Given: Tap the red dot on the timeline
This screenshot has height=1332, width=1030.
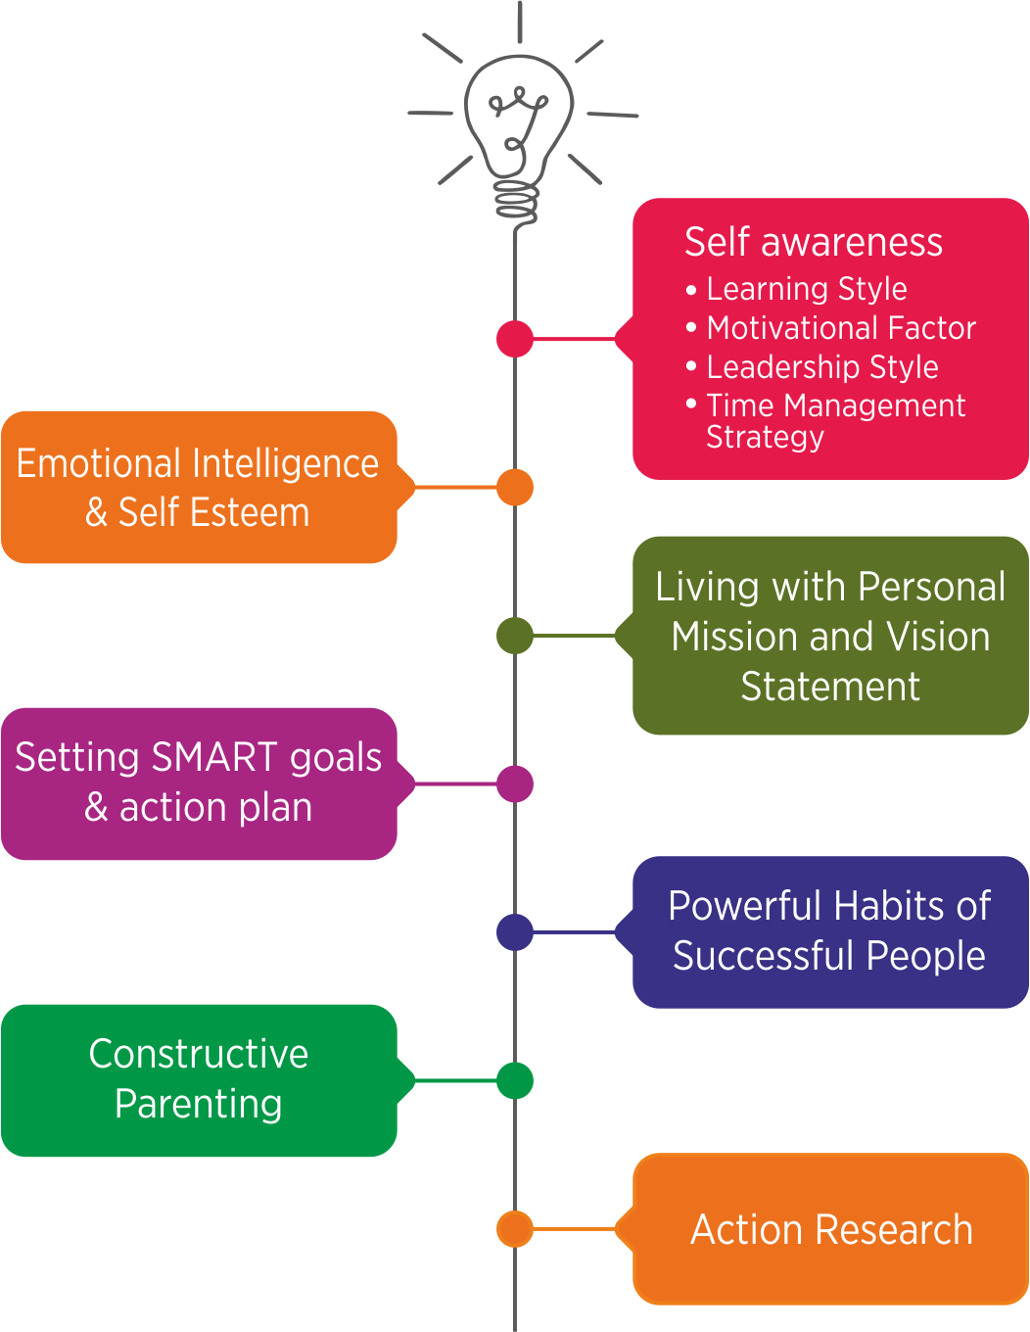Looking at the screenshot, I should pyautogui.click(x=515, y=339).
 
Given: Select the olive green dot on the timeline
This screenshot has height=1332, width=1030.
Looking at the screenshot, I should pyautogui.click(x=515, y=636).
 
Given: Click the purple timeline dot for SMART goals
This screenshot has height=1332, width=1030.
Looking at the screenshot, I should pyautogui.click(x=515, y=784).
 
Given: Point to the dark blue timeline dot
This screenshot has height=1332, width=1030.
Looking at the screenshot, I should pyautogui.click(x=515, y=931).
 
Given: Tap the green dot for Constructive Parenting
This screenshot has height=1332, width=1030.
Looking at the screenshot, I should pyautogui.click(x=515, y=1080).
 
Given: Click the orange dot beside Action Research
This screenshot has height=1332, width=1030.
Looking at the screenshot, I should pyautogui.click(x=515, y=1228).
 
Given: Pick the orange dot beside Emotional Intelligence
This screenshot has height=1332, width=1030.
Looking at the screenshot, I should pyautogui.click(x=515, y=487).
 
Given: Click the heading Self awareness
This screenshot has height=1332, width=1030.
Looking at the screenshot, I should pyautogui.click(x=813, y=242).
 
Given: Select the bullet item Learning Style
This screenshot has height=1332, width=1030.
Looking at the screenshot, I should pyautogui.click(x=806, y=289).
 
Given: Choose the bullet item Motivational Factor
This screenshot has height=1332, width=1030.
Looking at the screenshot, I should pyautogui.click(x=841, y=328).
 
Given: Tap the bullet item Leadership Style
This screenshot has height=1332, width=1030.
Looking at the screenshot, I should pyautogui.click(x=822, y=367).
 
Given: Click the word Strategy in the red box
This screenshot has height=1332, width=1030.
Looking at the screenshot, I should pyautogui.click(x=765, y=437).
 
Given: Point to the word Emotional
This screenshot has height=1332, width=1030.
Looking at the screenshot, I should pyautogui.click(x=102, y=463).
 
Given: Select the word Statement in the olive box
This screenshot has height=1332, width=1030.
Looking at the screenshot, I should pyautogui.click(x=830, y=687).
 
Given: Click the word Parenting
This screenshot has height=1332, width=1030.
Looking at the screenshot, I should pyautogui.click(x=199, y=1104).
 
